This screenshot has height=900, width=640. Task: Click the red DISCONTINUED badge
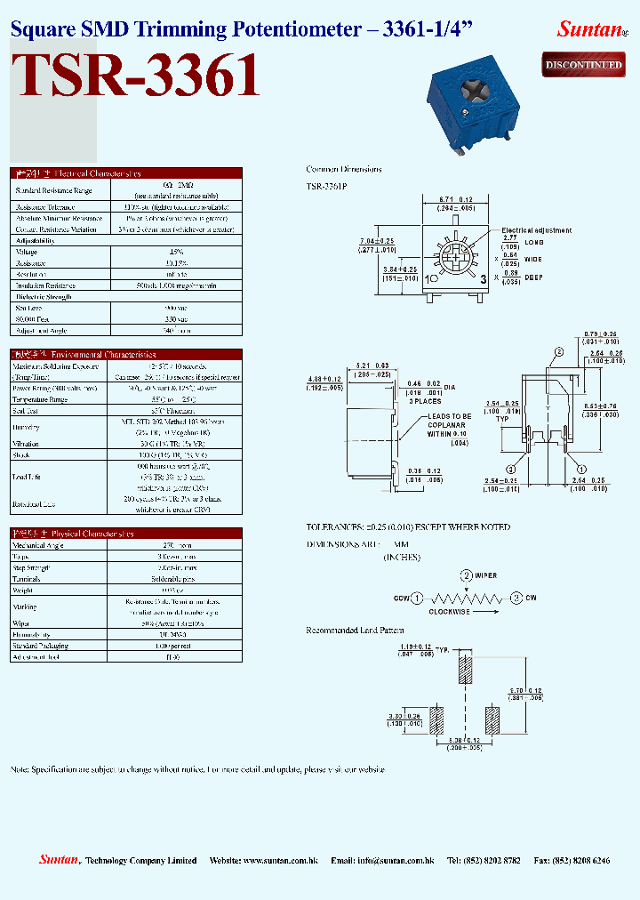583,64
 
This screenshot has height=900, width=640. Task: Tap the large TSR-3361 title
137,76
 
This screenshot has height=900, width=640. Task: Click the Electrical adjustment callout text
536,230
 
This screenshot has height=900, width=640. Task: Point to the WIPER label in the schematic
484,575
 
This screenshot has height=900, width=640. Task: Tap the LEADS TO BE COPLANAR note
449,425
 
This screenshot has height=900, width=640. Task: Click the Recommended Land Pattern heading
356,630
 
